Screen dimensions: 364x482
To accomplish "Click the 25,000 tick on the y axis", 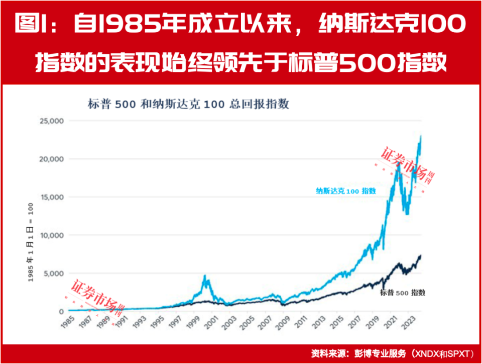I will coord(50,121).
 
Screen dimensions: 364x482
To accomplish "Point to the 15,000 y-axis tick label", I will coord(50,197).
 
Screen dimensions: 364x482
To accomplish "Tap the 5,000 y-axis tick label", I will coord(52,274).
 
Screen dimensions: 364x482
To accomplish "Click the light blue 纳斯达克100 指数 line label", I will coord(345,191).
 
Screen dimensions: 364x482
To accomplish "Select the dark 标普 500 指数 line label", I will coord(403,293).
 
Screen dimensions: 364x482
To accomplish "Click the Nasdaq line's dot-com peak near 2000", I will coord(204,276).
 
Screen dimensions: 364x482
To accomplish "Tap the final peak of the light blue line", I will coord(420,136).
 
